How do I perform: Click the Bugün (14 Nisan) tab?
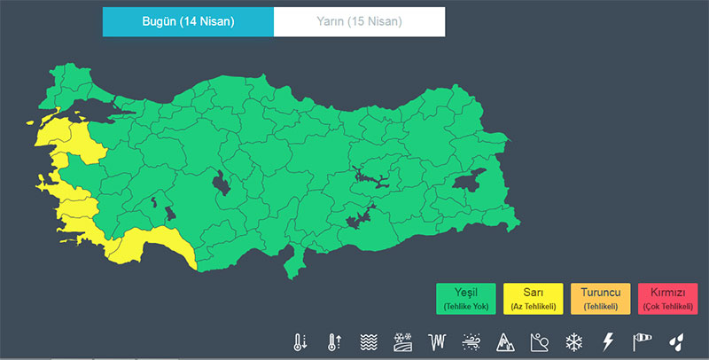click(188, 21)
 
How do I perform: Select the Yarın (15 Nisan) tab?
click(359, 21)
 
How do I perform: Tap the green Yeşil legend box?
click(465, 298)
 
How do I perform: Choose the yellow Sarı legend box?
click(534, 298)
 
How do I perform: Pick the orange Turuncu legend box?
click(601, 298)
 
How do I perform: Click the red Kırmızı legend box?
click(667, 298)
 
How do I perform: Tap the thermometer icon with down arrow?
click(301, 341)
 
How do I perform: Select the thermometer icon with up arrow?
click(334, 341)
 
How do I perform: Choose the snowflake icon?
click(573, 341)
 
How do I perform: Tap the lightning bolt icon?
click(608, 341)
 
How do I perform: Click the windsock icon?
click(642, 341)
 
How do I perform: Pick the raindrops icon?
click(676, 341)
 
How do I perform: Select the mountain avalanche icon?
click(505, 341)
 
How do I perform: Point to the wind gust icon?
click(471, 341)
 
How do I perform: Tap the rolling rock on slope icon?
click(539, 341)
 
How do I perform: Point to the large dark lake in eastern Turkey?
click(469, 182)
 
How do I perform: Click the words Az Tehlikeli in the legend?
click(534, 306)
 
